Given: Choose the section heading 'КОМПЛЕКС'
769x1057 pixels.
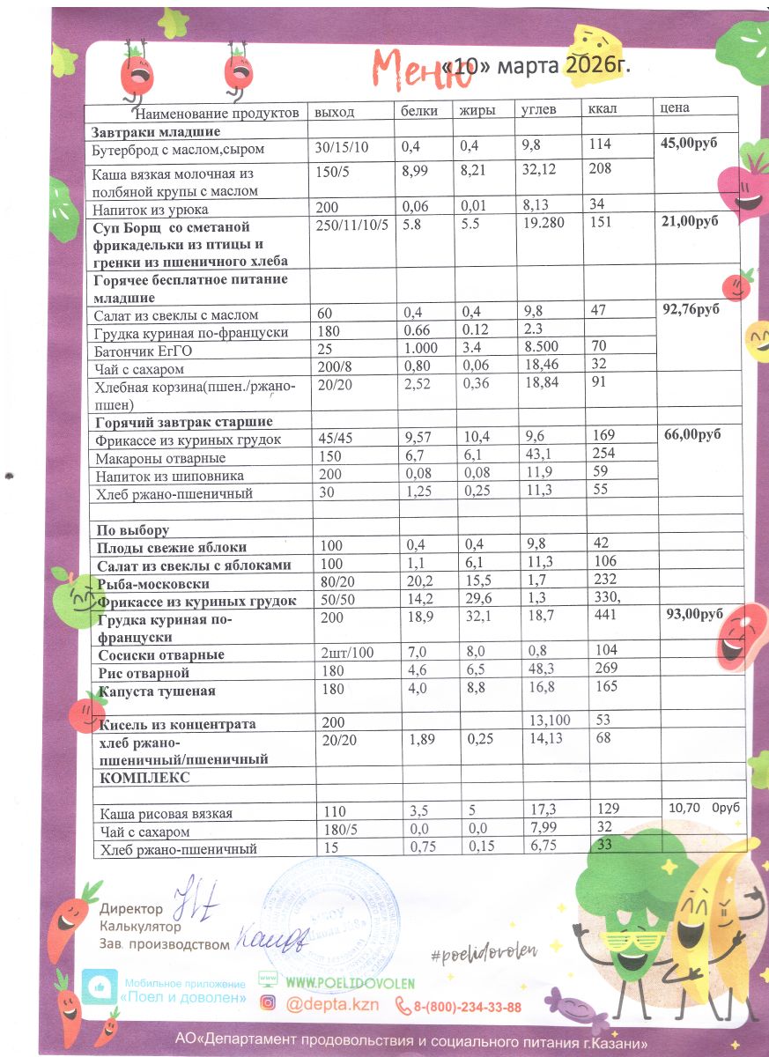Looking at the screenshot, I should point(145,778).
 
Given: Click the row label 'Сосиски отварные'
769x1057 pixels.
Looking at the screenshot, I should point(161,655).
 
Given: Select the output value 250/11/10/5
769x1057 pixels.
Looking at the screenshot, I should point(351,225).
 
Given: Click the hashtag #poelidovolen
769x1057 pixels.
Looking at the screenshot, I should point(484,950).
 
